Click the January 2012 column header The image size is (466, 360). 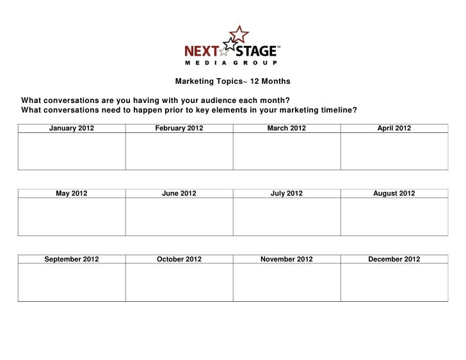click(x=72, y=128)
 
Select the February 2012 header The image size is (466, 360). click(x=179, y=128)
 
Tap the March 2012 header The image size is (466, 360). click(x=287, y=128)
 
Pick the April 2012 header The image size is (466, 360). click(x=394, y=128)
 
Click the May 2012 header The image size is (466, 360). click(x=72, y=193)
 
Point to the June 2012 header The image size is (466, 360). click(x=179, y=193)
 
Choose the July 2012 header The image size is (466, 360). click(x=287, y=193)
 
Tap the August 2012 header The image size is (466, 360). click(x=394, y=193)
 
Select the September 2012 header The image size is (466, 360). click(x=72, y=259)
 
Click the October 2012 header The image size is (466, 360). click(x=179, y=259)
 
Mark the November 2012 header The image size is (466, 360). click(x=287, y=259)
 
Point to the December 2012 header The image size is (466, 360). click(x=394, y=259)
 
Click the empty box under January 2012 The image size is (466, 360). click(x=72, y=152)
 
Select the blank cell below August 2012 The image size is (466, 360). click(x=394, y=217)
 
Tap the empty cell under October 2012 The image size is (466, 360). click(x=179, y=283)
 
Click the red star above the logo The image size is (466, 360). click(x=238, y=33)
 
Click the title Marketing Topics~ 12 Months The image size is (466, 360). click(x=233, y=82)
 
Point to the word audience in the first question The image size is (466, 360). click(x=220, y=100)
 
